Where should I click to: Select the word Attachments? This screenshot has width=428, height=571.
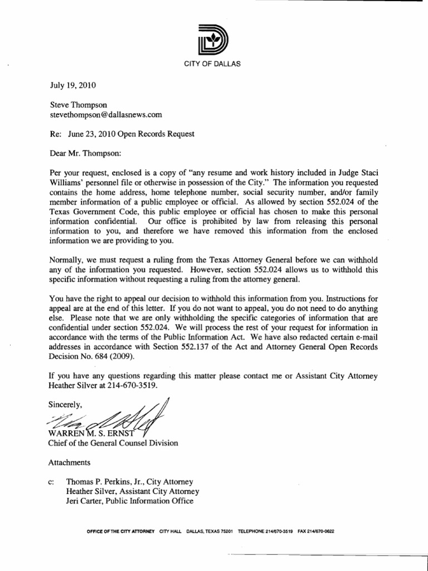tap(70, 462)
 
